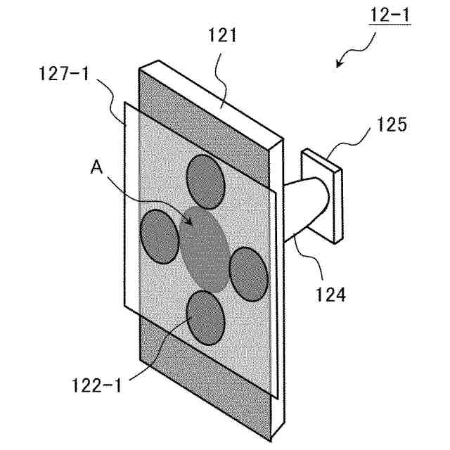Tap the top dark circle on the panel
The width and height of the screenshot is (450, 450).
pos(207,181)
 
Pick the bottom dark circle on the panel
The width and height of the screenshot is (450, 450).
pos(206,318)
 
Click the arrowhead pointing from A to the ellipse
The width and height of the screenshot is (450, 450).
pos(187,221)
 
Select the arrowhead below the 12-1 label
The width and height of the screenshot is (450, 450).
pos(340,65)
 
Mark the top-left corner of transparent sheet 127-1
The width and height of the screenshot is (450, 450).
pos(124,103)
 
